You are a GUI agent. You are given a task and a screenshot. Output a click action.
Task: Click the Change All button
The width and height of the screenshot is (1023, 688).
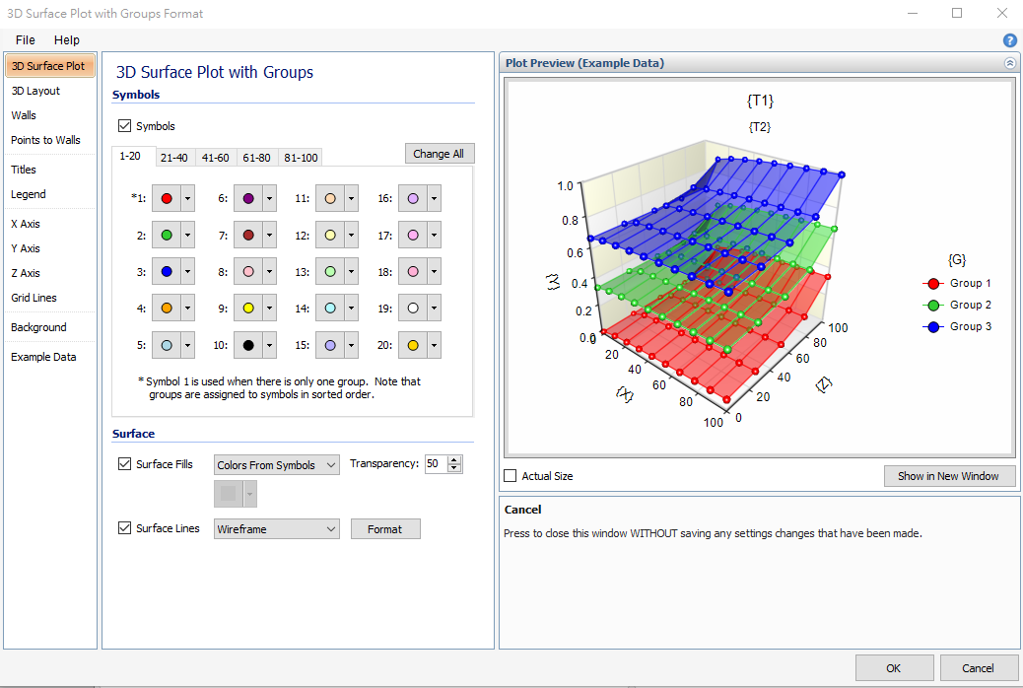tap(440, 154)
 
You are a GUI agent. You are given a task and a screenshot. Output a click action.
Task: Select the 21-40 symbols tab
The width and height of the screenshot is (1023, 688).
tap(174, 158)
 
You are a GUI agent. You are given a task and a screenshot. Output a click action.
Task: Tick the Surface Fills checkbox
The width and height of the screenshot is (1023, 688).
tap(125, 464)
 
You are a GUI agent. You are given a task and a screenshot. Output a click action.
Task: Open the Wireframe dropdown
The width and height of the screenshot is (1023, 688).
tap(277, 529)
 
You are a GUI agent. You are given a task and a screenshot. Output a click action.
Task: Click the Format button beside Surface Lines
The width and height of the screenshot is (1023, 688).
tap(385, 529)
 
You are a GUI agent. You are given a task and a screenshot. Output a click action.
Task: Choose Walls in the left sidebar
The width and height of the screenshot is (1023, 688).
tap(24, 115)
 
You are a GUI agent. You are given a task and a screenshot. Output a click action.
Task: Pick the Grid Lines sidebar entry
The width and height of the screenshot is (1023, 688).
tap(34, 298)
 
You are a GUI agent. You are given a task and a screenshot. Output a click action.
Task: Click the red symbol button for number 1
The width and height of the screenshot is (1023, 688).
tap(167, 198)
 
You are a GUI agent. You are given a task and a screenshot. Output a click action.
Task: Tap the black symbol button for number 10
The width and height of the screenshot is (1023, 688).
tap(249, 346)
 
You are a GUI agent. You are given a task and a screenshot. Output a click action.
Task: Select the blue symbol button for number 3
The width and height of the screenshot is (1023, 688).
tap(167, 272)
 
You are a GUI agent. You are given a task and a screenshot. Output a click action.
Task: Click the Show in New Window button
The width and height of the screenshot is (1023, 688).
tap(948, 476)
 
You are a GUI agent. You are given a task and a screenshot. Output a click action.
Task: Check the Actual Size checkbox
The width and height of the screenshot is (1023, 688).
tap(511, 476)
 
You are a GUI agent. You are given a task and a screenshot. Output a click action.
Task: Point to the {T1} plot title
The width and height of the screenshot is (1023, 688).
tap(761, 101)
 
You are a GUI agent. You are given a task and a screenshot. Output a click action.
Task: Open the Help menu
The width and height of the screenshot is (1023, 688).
tap(67, 40)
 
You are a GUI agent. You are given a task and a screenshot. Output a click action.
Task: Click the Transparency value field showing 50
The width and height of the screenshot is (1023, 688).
tap(435, 464)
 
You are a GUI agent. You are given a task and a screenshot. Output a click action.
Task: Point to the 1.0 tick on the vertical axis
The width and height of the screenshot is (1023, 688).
tap(566, 185)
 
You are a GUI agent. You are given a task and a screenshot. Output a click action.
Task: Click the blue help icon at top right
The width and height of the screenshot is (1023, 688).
tap(1010, 40)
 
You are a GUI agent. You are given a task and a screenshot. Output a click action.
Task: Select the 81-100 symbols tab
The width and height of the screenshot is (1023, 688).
tap(301, 158)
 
